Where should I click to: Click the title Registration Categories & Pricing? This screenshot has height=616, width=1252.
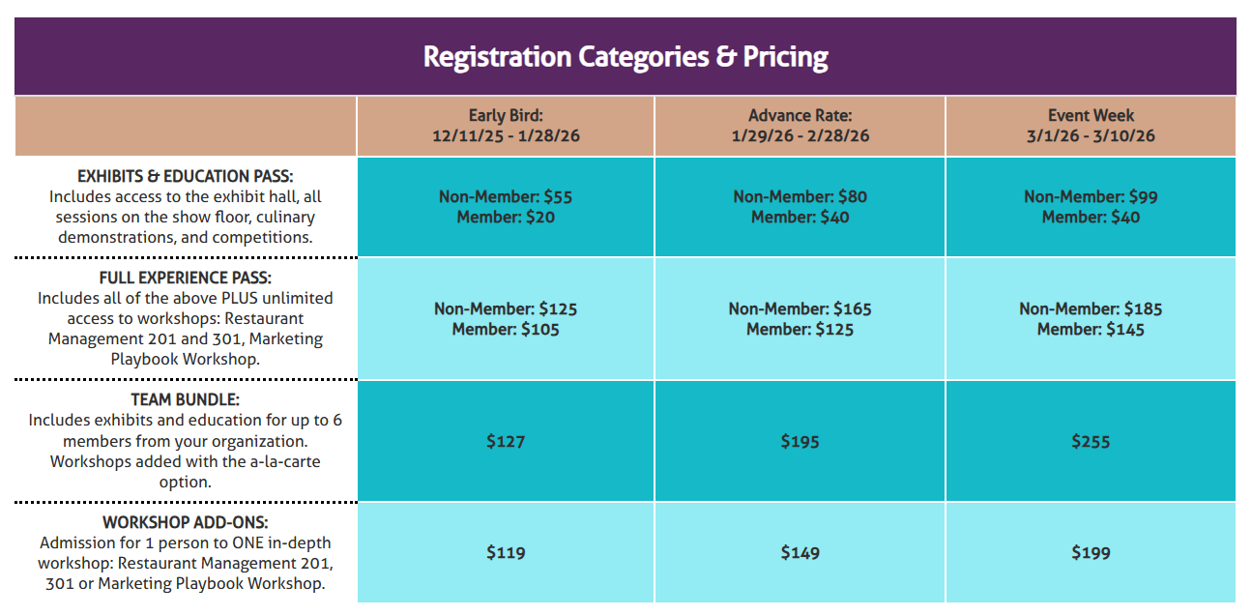[626, 56]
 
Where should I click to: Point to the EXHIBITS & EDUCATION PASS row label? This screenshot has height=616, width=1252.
[185, 176]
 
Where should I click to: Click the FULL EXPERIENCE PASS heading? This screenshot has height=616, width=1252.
[185, 278]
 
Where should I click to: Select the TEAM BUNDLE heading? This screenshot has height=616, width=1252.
[185, 399]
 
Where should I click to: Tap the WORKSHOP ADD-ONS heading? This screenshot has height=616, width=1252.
[185, 522]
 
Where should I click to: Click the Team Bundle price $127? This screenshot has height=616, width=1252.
[506, 441]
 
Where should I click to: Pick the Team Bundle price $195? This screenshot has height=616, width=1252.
[800, 441]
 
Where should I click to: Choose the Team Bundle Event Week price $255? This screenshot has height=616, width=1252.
[1091, 441]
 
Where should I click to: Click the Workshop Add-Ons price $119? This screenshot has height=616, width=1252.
[506, 553]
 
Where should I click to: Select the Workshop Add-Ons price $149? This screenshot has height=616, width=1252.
[800, 553]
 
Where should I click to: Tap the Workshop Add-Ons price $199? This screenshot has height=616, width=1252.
[1091, 553]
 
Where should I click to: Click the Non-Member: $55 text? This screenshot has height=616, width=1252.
[506, 196]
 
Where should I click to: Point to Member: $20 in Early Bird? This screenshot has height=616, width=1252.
[506, 218]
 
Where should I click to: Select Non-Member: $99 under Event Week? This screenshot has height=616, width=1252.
[1091, 196]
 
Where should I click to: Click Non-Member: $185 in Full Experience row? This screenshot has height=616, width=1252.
[1091, 308]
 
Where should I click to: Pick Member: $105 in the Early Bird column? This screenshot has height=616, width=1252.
[506, 330]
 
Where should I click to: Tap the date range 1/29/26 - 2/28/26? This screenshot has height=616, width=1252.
[800, 136]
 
